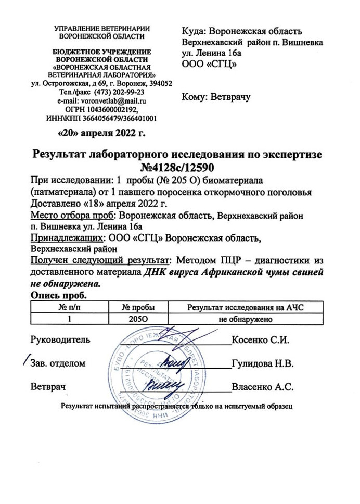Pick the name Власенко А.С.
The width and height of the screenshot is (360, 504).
pos(263,387)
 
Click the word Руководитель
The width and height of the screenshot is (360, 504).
pos(60,341)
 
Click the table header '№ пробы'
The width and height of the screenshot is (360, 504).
pos(138,307)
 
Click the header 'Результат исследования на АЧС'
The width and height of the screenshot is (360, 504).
pos(245,307)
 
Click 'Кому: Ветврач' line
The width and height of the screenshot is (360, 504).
pos(215,97)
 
